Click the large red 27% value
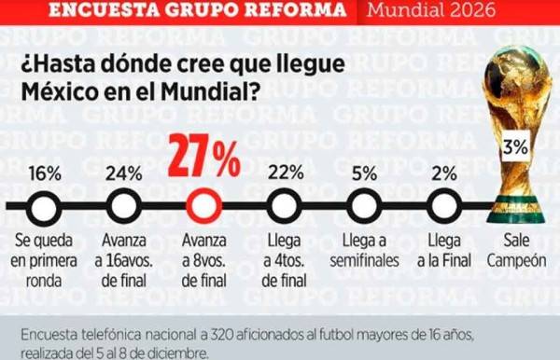203,159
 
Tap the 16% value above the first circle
45,173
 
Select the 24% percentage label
123,173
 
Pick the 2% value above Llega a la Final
444,173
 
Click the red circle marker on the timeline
203,205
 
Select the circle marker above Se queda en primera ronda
45,205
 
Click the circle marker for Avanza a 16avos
123,205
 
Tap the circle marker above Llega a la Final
443,205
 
